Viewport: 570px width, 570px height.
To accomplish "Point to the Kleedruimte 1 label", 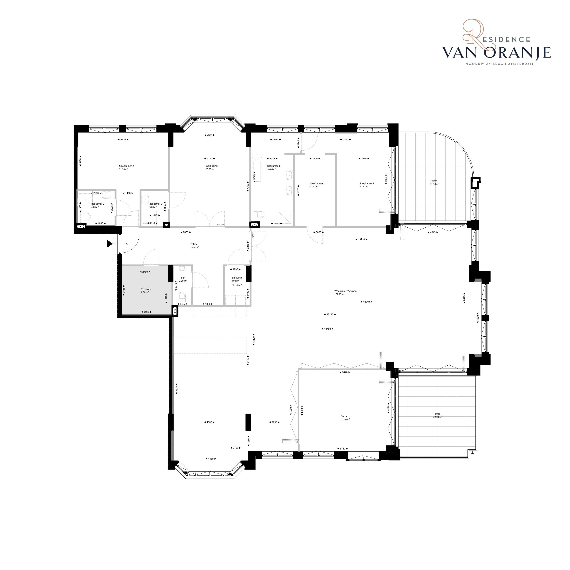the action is tap(317, 183).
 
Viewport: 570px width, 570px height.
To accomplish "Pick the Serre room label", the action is tap(344, 417).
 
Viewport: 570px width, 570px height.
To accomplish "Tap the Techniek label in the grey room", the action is tap(146, 289).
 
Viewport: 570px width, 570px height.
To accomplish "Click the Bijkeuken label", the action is tap(237, 278).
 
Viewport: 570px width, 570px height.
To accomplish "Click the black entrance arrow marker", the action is tap(110, 244).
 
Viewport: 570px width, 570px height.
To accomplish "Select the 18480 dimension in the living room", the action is tap(327, 329).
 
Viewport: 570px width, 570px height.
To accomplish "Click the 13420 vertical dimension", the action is tap(254, 339).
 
